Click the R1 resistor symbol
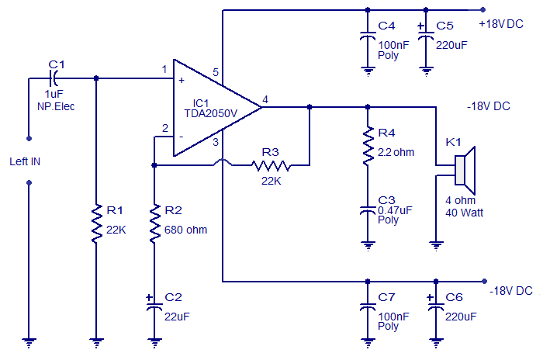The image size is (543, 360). coord(95,223)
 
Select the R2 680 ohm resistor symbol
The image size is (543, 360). coord(154,223)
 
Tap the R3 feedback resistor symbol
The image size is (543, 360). coord(270,164)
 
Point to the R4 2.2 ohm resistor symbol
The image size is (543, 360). coord(367,145)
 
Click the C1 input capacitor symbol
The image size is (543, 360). coord(54,78)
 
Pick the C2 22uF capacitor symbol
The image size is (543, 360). coord(154,303)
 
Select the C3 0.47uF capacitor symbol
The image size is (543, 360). coord(367,209)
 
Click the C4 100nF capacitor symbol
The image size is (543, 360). coord(367,36)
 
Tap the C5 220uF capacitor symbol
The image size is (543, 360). coord(426,36)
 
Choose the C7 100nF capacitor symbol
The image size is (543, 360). coord(367,305)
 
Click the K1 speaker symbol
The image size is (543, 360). coord(464,171)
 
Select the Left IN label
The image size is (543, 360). coord(25,161)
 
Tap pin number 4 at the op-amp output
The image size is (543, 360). coord(265,99)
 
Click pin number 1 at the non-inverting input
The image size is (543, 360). coord(164,69)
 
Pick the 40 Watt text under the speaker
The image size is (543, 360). coord(463,211)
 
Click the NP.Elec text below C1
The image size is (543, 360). coord(55,107)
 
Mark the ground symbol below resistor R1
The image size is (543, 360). coord(95,341)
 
